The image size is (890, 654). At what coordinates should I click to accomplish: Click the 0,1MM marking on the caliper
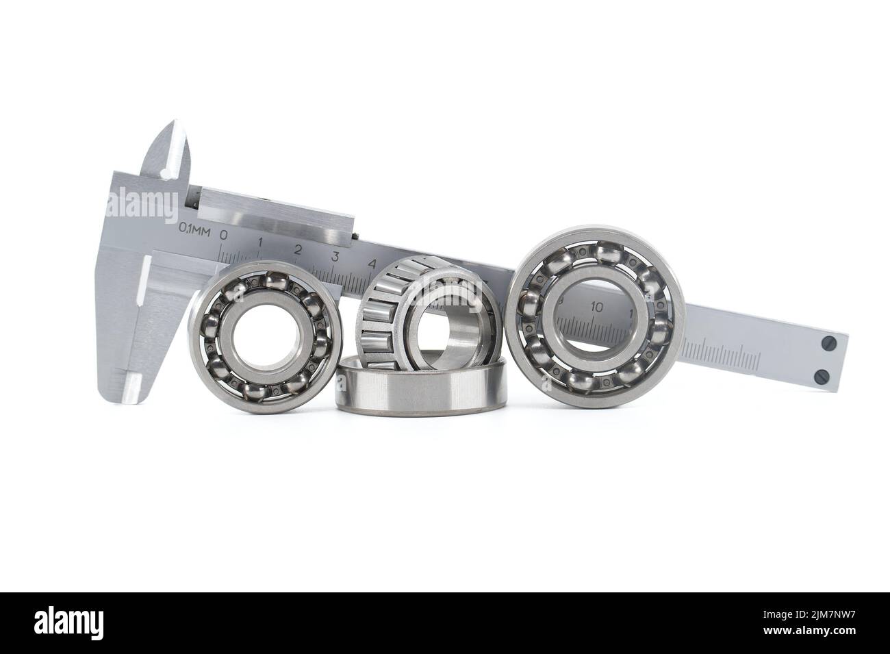[x=194, y=229]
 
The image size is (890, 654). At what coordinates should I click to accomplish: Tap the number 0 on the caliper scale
[x=223, y=236]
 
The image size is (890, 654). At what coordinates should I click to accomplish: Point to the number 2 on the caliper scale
[x=298, y=250]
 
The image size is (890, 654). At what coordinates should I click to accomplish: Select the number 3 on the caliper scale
[x=335, y=257]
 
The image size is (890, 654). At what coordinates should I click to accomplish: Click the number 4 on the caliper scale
[x=372, y=264]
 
